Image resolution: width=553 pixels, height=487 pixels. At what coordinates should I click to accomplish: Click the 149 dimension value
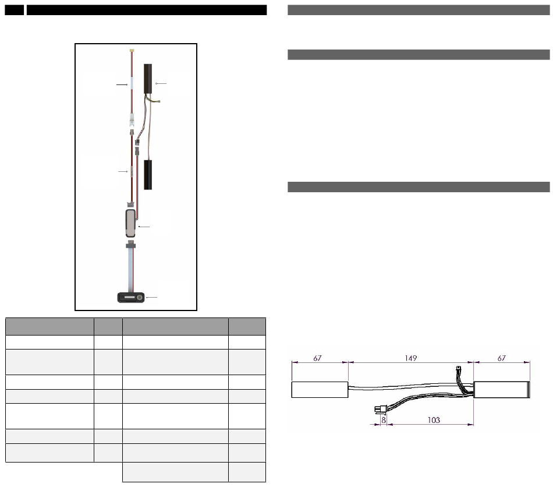(410, 358)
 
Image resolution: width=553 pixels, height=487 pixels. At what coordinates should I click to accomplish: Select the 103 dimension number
(434, 420)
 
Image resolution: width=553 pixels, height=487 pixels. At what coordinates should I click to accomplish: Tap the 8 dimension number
(384, 420)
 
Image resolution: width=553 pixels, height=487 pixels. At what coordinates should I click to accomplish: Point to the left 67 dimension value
(317, 358)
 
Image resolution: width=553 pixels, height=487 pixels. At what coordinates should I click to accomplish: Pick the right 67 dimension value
(501, 358)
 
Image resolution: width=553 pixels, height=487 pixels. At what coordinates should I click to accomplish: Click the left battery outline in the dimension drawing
(320, 390)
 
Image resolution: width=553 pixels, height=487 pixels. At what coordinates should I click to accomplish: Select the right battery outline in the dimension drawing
(502, 390)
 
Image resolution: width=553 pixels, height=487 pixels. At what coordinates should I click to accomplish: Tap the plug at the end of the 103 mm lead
(380, 410)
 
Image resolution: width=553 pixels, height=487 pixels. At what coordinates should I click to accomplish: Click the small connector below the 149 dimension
(459, 369)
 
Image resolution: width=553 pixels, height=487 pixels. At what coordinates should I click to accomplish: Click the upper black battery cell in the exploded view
(148, 79)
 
